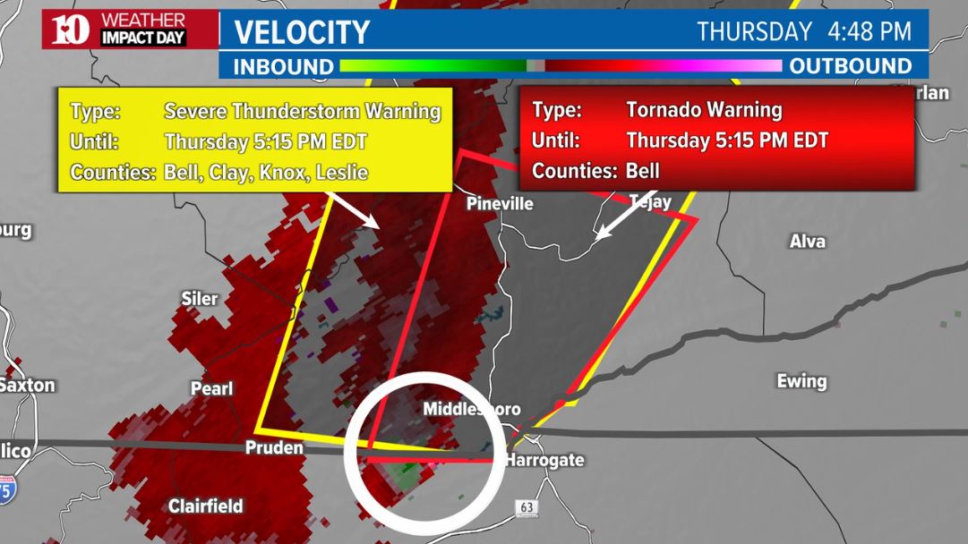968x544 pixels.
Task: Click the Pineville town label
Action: (x=500, y=204)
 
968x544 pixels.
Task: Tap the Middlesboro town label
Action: (x=471, y=410)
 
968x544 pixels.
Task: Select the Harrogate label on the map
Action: (x=544, y=461)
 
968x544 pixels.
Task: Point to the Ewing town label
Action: (x=801, y=382)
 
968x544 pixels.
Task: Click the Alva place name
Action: (x=808, y=242)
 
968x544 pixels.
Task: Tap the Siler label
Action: (x=199, y=299)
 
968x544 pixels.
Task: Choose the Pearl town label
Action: (x=211, y=389)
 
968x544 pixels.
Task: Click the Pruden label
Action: (x=274, y=448)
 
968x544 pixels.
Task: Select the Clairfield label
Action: (x=205, y=506)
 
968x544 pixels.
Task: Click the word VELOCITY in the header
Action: (x=302, y=33)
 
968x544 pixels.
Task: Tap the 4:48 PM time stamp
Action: (x=870, y=32)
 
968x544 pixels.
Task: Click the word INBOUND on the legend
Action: (x=283, y=66)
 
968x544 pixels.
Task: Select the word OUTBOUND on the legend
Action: (x=851, y=66)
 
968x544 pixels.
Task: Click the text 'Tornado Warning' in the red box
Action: (x=704, y=110)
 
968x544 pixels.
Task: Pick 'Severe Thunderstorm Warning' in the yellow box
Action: (x=303, y=112)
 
